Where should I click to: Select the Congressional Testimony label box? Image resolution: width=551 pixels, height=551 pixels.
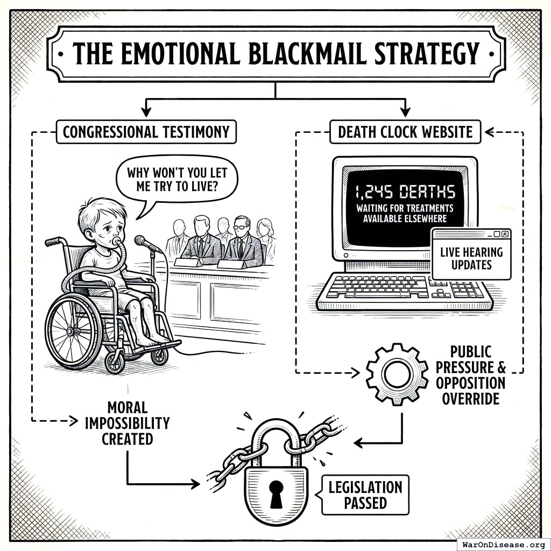146,132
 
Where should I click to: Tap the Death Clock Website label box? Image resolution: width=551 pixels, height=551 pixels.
405,132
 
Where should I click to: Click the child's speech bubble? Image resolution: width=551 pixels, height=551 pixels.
176,181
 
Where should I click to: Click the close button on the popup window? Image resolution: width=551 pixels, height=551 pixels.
505,234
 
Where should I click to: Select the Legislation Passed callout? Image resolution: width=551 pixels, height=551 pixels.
365,495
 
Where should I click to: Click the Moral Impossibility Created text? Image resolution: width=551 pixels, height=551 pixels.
128,423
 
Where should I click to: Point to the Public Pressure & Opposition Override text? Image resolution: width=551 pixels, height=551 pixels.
471,375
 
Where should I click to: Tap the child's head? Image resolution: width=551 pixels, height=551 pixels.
102,221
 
